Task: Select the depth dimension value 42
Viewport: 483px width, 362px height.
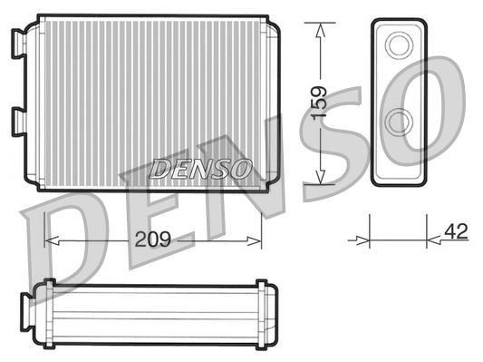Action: tap(456, 231)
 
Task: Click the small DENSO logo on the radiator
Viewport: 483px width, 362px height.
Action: tap(200, 168)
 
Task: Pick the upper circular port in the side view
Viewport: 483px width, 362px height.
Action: tap(398, 45)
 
